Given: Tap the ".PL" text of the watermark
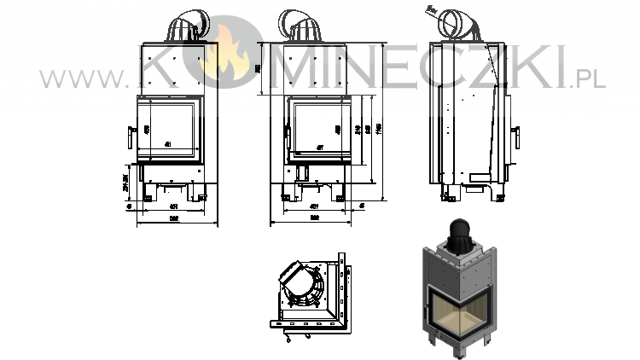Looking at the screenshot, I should (588, 79).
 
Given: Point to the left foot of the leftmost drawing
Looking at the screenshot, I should (147, 198).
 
